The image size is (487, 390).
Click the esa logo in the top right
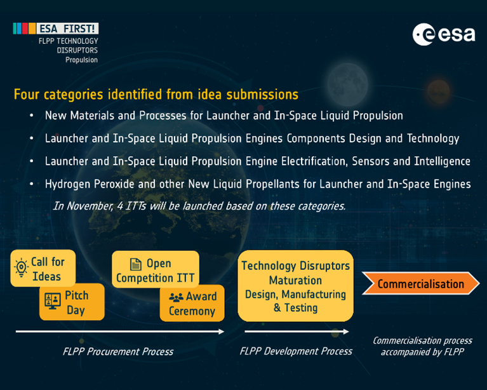(x=444, y=34)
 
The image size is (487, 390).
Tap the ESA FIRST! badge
(x=56, y=29)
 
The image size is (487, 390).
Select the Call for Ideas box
(x=43, y=268)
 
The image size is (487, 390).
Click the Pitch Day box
(x=72, y=302)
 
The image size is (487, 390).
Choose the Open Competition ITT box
(x=156, y=270)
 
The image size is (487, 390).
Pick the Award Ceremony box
(x=192, y=303)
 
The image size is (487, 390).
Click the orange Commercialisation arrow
(x=421, y=283)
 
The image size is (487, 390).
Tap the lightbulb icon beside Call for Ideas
(x=21, y=267)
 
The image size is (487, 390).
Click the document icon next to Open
(x=135, y=264)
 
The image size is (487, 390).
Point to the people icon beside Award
(x=176, y=297)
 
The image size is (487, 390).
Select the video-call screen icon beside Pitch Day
(x=53, y=301)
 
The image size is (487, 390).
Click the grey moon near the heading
(x=347, y=84)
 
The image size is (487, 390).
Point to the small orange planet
(x=439, y=91)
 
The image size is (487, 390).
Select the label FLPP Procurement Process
(x=118, y=351)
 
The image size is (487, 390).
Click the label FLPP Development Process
(x=296, y=351)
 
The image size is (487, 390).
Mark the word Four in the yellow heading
(x=27, y=95)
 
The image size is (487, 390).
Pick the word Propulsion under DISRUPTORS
(x=81, y=60)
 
